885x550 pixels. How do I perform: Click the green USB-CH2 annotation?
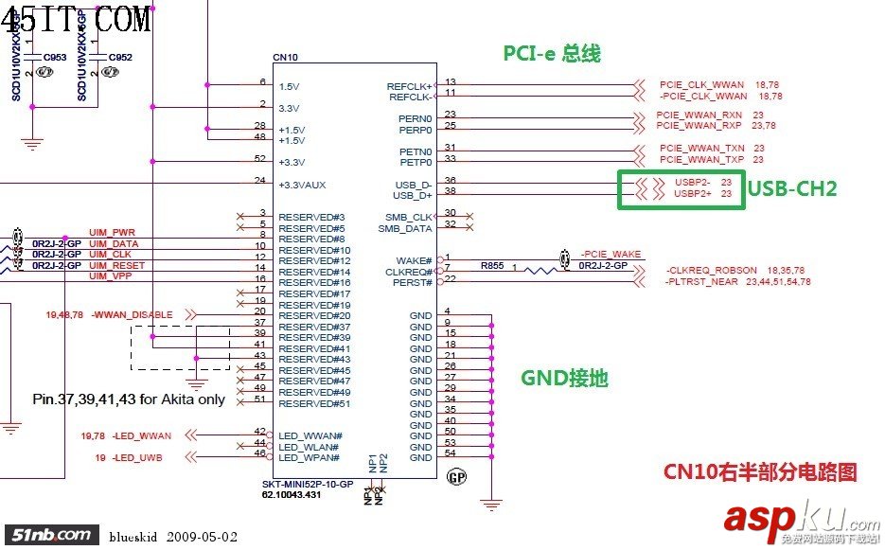point(793,188)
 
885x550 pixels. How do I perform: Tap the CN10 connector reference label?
point(285,58)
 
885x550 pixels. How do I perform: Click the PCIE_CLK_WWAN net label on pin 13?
point(702,85)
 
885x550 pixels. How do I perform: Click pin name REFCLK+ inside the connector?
point(409,86)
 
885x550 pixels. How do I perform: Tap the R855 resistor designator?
point(491,266)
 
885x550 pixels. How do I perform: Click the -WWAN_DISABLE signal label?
point(133,314)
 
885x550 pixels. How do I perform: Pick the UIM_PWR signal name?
point(113,232)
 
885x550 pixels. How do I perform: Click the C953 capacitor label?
point(55,58)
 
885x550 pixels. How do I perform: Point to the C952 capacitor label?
point(120,58)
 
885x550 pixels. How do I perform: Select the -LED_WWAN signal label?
point(142,435)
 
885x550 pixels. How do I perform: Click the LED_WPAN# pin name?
point(310,457)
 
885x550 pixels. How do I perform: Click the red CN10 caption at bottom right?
point(759,471)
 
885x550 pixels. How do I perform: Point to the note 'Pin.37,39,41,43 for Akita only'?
point(129,399)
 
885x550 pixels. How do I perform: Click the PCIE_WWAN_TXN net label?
point(700,148)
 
